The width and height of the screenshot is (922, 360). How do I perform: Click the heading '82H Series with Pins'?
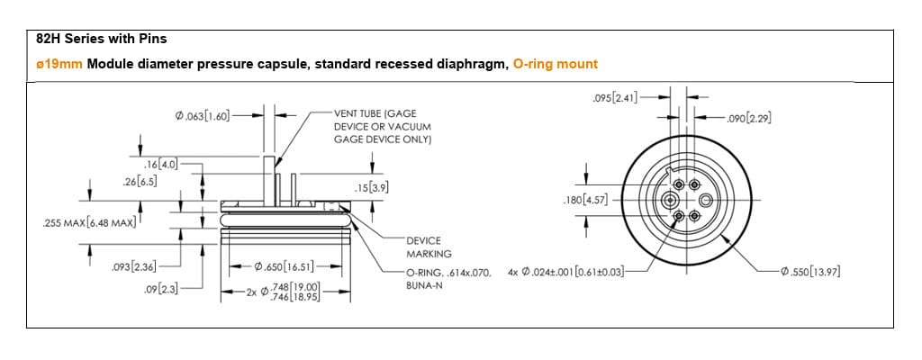101,40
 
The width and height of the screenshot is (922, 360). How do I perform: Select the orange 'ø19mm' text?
59,64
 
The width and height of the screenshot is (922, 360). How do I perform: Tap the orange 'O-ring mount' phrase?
555,64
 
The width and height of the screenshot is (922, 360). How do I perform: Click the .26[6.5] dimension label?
140,181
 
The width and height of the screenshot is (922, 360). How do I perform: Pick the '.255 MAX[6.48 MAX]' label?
88,222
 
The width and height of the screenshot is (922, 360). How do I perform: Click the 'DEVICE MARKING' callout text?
429,247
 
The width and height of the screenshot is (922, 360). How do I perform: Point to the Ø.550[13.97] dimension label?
811,272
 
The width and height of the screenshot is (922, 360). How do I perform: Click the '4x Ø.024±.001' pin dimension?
565,272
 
